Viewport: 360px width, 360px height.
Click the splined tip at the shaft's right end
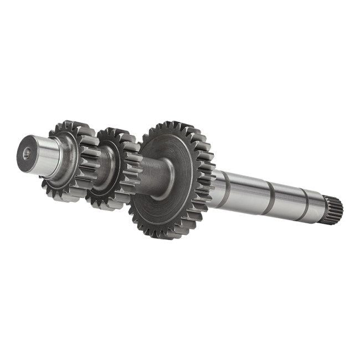point(335,209)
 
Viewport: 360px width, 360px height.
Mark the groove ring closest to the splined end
point(302,204)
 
